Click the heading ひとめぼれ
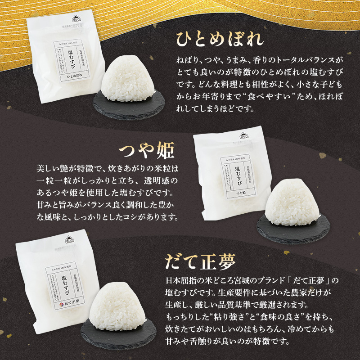tap(219, 40)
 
